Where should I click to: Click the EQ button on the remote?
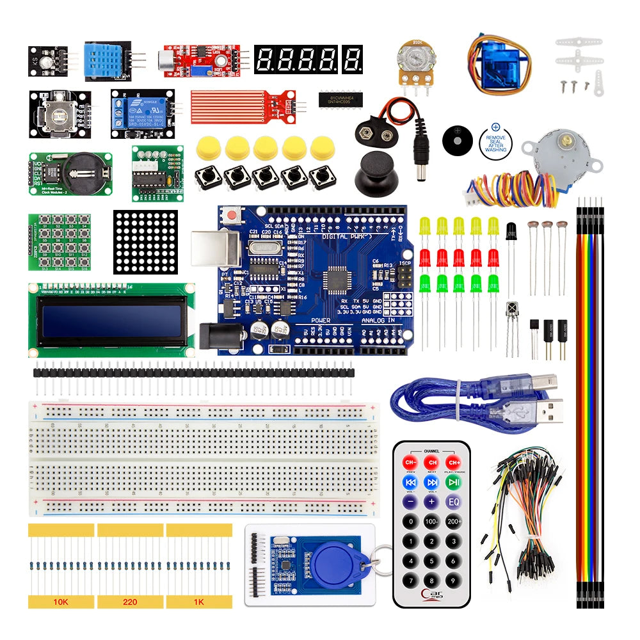pyautogui.click(x=454, y=501)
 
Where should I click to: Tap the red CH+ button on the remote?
pyautogui.click(x=454, y=462)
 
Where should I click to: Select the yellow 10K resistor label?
pyautogui.click(x=61, y=602)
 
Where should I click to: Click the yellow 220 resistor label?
pyautogui.click(x=130, y=602)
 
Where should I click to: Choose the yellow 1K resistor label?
pyautogui.click(x=199, y=602)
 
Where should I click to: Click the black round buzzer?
pyautogui.click(x=457, y=138)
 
